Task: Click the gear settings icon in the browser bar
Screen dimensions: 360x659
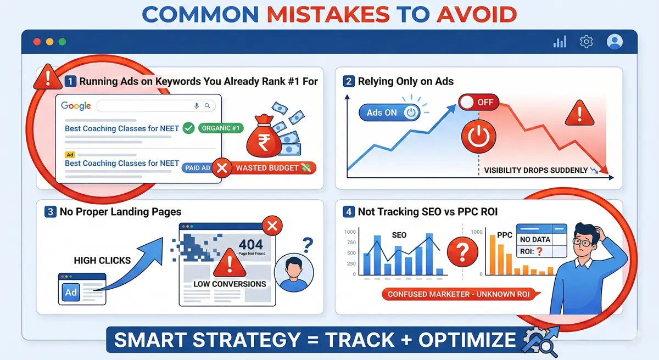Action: click(x=587, y=42)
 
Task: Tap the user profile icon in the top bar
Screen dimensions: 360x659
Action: click(x=615, y=42)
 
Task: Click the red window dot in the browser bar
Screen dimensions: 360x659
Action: click(x=37, y=42)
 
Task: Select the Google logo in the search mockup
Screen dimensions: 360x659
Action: click(x=76, y=105)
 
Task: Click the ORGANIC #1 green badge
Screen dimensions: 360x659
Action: click(x=221, y=128)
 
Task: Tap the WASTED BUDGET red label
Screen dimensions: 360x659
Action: click(x=272, y=168)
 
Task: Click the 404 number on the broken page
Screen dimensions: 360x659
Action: click(x=251, y=244)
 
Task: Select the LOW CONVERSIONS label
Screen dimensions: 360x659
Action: click(x=230, y=284)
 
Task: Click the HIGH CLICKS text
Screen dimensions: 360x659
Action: click(x=102, y=261)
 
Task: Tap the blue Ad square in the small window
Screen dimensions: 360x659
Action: click(x=71, y=292)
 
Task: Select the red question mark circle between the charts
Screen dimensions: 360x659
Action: click(x=460, y=253)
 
